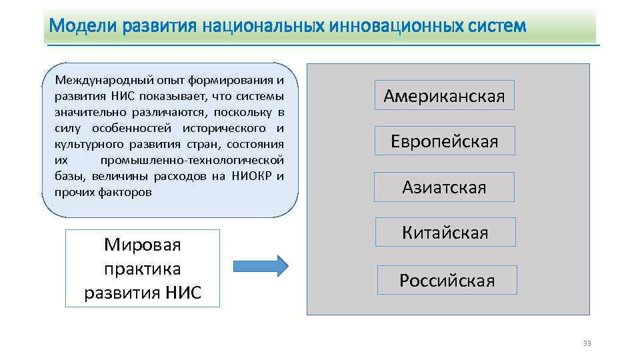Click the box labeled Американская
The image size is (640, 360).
tap(444, 96)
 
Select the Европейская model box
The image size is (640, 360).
tap(444, 141)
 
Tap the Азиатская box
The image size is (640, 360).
tap(444, 187)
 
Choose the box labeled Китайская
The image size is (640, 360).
tap(445, 233)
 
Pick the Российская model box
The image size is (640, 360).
tap(447, 280)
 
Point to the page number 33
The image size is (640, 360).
tap(587, 343)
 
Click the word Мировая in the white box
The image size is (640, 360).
tap(143, 245)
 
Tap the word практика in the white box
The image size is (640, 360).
tap(143, 269)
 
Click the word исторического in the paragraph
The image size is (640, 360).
tap(227, 128)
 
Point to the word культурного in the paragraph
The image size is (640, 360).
tap(83, 144)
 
